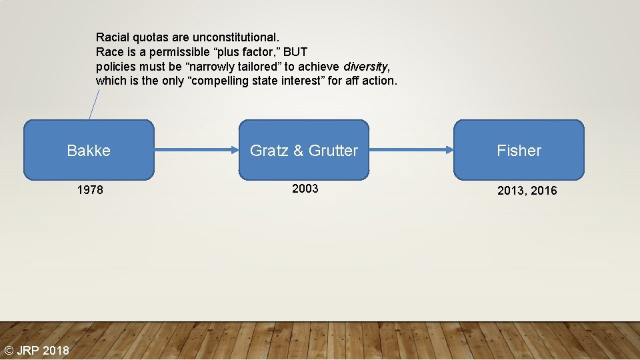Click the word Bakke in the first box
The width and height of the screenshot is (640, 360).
click(x=89, y=151)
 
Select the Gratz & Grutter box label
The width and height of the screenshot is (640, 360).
click(x=303, y=151)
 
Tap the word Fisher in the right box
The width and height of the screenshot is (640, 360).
click(x=519, y=151)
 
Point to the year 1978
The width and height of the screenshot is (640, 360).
click(x=90, y=190)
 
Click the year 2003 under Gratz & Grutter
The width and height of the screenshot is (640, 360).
click(x=305, y=189)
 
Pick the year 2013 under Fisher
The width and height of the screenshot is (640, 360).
click(x=511, y=191)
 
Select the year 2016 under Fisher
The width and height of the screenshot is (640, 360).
click(x=544, y=191)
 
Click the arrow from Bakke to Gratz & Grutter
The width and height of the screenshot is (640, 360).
click(x=196, y=150)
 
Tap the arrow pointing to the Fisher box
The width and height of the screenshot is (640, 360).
click(x=411, y=150)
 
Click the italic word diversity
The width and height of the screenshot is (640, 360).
click(x=365, y=66)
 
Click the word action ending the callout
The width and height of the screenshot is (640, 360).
click(x=379, y=81)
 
